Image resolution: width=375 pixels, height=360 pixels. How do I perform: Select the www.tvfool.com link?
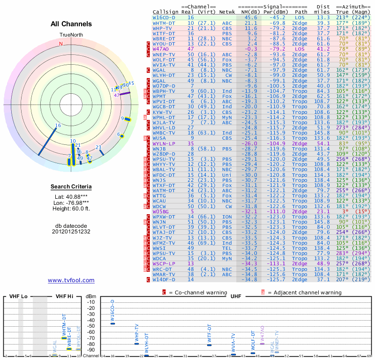click(71, 280)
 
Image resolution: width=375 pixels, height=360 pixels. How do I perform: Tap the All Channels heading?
click(71, 24)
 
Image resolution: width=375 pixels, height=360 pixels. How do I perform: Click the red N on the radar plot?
click(60, 44)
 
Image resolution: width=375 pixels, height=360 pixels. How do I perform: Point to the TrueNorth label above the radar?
click(71, 35)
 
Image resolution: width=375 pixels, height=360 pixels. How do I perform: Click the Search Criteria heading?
click(71, 187)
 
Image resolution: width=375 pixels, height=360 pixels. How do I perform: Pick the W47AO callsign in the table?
click(161, 48)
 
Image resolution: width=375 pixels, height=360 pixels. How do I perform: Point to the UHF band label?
click(235, 297)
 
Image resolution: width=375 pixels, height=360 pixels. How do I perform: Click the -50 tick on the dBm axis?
click(90, 326)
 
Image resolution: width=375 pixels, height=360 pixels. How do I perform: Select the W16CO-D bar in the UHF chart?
click(112, 323)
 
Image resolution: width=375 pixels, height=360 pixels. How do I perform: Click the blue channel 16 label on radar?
click(58, 125)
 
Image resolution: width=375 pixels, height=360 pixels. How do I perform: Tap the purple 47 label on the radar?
click(117, 95)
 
